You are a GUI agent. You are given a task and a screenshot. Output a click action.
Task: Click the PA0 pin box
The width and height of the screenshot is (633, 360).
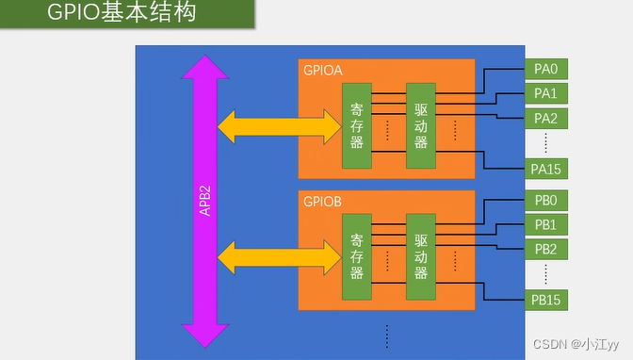pyautogui.click(x=545, y=69)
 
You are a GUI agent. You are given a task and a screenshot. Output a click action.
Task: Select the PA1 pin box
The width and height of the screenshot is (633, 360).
pyautogui.click(x=545, y=93)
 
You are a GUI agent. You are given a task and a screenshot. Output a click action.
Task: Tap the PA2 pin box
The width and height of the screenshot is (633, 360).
pyautogui.click(x=545, y=118)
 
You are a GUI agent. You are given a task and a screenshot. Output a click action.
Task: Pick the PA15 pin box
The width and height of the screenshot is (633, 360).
pyautogui.click(x=545, y=168)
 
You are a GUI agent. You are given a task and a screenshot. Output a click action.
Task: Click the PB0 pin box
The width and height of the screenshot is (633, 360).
pyautogui.click(x=545, y=201)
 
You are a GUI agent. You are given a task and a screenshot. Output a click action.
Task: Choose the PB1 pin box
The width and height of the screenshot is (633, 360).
pyautogui.click(x=545, y=224)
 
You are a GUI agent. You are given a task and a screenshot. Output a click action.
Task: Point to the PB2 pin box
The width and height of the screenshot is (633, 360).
pyautogui.click(x=545, y=249)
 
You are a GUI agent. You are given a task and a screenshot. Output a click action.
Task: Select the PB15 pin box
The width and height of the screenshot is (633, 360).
pyautogui.click(x=545, y=299)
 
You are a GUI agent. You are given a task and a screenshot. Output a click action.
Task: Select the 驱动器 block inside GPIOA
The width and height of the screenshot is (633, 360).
pyautogui.click(x=420, y=125)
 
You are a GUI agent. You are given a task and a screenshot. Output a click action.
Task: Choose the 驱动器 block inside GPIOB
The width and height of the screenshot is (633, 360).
pyautogui.click(x=420, y=256)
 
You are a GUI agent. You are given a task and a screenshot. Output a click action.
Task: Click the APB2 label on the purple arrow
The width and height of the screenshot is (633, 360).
pyautogui.click(x=204, y=201)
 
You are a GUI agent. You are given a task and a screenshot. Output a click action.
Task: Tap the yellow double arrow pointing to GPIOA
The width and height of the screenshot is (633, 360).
pyautogui.click(x=279, y=125)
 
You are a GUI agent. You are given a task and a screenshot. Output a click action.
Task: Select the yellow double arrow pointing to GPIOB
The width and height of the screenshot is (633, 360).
pyautogui.click(x=279, y=256)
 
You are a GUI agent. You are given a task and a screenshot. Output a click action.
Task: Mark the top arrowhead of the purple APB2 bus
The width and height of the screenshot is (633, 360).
pyautogui.click(x=204, y=66)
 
